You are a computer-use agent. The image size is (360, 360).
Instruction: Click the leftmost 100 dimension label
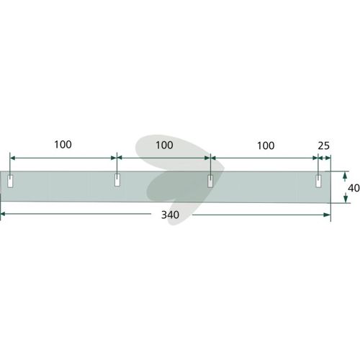point(63,145)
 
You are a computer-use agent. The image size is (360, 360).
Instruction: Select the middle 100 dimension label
point(164,145)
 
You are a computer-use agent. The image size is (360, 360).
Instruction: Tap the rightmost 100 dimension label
point(266,145)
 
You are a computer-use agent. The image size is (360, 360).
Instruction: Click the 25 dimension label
point(324,146)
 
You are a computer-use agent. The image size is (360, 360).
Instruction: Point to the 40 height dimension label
point(354,188)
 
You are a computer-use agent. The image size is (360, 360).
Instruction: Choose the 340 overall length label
point(170,215)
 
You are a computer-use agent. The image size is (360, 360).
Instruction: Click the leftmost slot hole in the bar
point(10,181)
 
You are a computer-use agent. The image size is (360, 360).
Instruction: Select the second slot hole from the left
point(117,180)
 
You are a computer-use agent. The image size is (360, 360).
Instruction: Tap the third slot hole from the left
point(210,181)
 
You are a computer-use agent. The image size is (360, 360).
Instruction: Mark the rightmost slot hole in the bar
point(318,181)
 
